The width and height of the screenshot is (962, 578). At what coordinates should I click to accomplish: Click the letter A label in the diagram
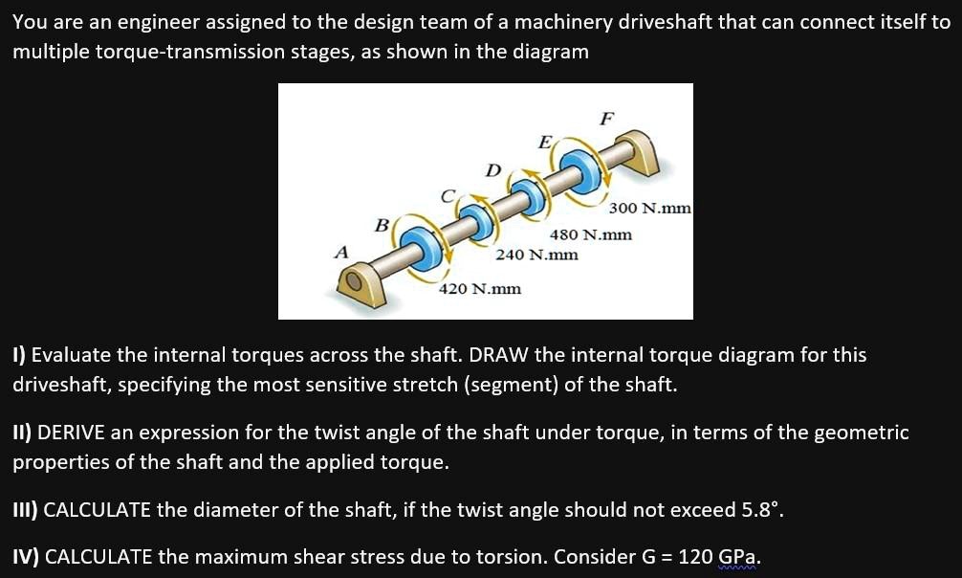339,253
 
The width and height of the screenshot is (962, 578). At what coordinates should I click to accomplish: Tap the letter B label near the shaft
380,226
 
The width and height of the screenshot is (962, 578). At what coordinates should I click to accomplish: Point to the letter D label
493,170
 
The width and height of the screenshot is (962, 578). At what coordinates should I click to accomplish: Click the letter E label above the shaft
545,143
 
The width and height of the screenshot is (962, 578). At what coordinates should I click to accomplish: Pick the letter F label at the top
604,119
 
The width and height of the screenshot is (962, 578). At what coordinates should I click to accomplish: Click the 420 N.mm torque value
479,288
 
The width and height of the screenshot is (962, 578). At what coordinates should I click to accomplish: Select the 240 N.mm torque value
536,255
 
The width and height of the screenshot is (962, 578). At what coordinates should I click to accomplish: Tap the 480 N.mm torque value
590,234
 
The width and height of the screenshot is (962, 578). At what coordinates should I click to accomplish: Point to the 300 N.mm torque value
649,208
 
